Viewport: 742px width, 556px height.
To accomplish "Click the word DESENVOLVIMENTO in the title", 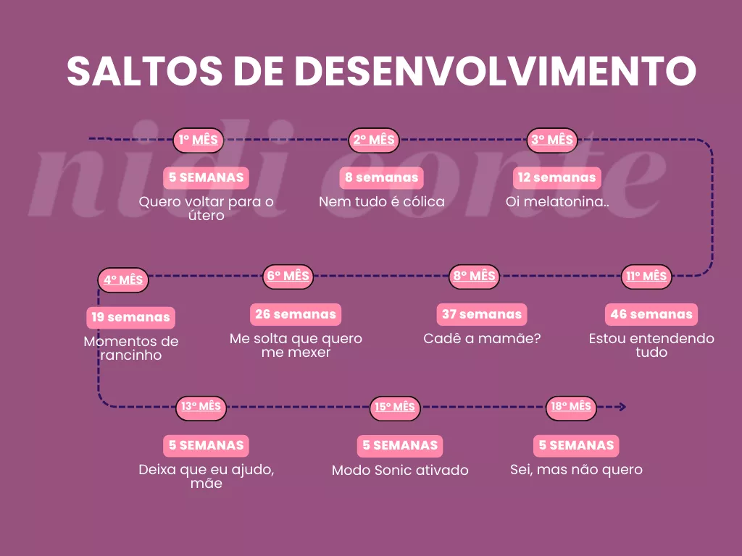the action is (x=496, y=71).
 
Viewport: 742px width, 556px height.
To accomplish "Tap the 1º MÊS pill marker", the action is (x=199, y=140).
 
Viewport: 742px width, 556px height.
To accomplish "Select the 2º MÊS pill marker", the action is (x=374, y=140).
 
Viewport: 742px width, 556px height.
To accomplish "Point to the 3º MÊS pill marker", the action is (x=551, y=140).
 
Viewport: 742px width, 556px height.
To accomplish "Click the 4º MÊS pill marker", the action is (x=123, y=280).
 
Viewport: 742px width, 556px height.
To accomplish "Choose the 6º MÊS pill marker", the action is (x=288, y=276).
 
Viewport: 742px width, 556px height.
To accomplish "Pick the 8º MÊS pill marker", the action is (x=474, y=276).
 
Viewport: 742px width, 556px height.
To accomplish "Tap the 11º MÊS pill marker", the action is (x=646, y=277).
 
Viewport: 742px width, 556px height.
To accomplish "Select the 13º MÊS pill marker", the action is (x=201, y=407).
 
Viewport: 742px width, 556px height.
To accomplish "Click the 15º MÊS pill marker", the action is (x=395, y=408).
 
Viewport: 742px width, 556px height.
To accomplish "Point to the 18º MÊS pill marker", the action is (x=571, y=407).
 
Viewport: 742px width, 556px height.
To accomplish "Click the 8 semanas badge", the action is (x=381, y=178).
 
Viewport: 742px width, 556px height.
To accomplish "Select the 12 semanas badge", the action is (x=557, y=178).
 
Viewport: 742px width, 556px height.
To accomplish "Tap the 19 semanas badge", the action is (x=130, y=318).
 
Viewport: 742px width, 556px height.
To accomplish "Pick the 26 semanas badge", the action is (x=296, y=314).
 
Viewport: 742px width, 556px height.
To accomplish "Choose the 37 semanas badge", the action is (x=482, y=314).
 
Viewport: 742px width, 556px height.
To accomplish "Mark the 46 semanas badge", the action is (x=651, y=314).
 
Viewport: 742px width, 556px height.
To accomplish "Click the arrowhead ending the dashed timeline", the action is (x=622, y=407).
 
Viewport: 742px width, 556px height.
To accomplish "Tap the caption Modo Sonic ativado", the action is (x=400, y=471).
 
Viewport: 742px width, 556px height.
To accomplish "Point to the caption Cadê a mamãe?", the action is (x=482, y=339).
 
